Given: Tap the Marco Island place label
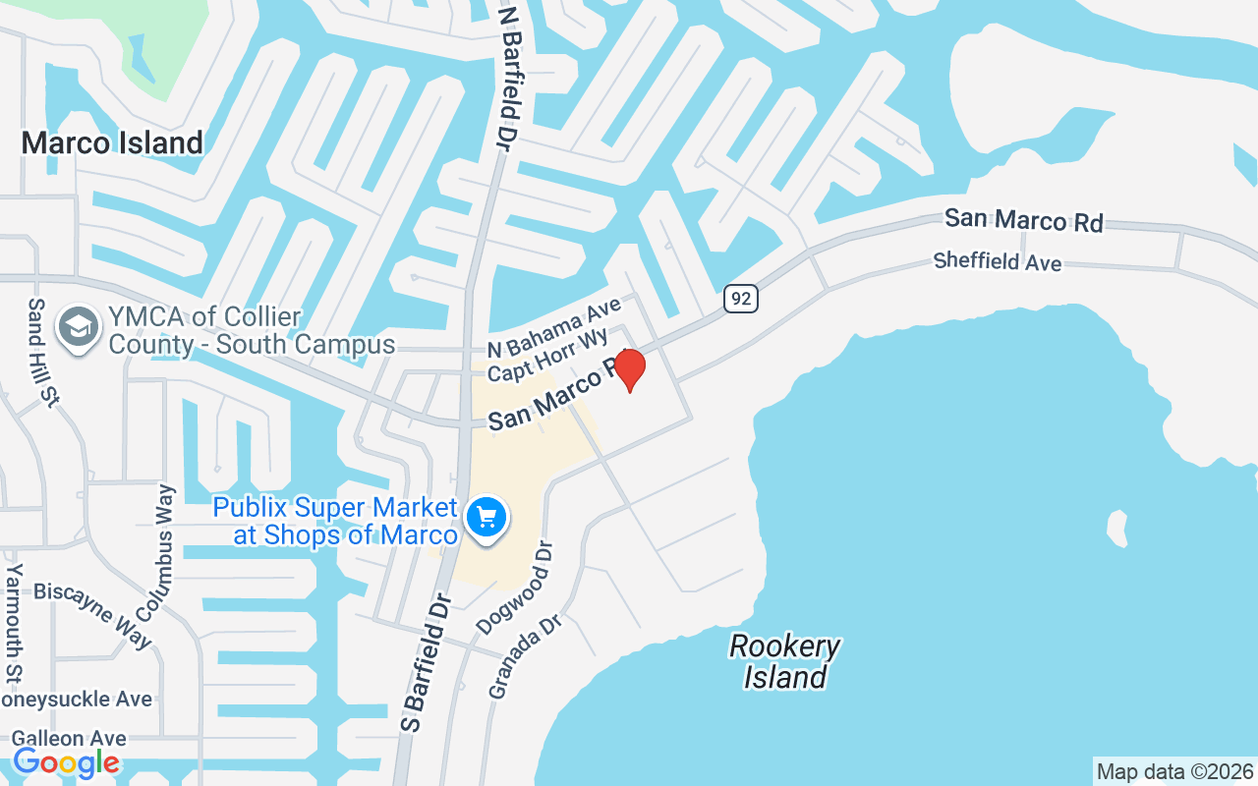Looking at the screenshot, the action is point(112,142).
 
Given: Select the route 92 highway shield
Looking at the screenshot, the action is point(742,299).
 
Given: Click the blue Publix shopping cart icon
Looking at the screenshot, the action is point(486,517).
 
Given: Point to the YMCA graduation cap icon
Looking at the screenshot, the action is point(77,327).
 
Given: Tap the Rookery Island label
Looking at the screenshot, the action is point(784,661).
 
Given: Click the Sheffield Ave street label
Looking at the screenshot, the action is point(998,261).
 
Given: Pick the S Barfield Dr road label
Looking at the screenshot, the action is point(425,661).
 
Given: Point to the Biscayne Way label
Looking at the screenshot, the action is point(93,614).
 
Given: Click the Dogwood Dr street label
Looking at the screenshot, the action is point(516,588).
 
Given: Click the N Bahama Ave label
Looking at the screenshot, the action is point(555,331).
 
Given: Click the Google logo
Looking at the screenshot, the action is point(66,761).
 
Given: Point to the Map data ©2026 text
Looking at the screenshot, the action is point(1174,771).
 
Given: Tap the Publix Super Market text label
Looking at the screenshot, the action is point(335,521).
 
